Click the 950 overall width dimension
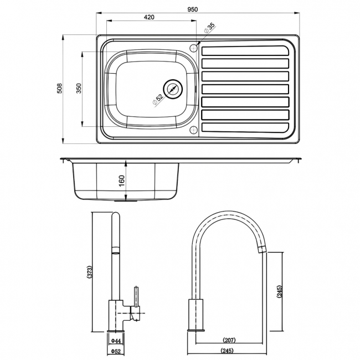pyautogui.click(x=193, y=9)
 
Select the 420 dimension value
pyautogui.click(x=149, y=17)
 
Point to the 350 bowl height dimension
pyautogui.click(x=79, y=89)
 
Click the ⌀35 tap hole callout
pyautogui.click(x=210, y=28)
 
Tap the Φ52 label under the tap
pyautogui.click(x=116, y=352)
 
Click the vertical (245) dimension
pyautogui.click(x=280, y=292)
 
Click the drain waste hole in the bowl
pyautogui.click(x=173, y=88)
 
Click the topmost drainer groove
pyautogui.click(x=245, y=52)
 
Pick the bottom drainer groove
pyautogui.click(x=245, y=127)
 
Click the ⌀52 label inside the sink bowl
pyautogui.click(x=158, y=100)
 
